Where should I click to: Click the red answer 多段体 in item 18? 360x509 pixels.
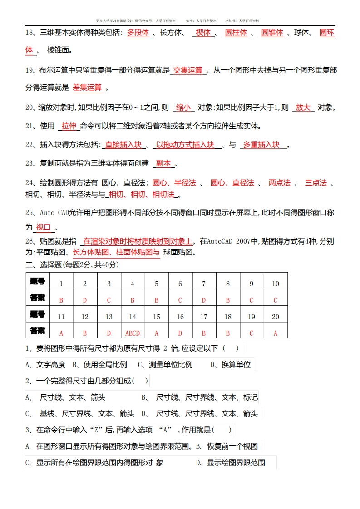138,33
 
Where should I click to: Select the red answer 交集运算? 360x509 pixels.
188,70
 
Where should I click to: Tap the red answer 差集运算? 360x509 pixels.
87,88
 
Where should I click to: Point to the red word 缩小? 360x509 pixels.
183,108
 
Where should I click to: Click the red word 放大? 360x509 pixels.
303,108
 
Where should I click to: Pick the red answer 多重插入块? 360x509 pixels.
261,145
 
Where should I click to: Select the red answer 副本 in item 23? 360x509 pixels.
163,163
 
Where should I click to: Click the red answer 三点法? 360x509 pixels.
316,183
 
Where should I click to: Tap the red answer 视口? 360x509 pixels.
44,227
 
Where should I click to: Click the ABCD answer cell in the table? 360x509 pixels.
133,333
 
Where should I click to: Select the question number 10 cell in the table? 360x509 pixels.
276,284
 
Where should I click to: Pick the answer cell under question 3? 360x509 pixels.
109,300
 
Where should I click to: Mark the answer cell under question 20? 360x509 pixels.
276,333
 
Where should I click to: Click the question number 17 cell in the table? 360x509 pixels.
204,317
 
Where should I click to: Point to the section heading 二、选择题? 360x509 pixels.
73,265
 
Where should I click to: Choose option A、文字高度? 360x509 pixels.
45,365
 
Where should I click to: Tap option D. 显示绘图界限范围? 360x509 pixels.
230,463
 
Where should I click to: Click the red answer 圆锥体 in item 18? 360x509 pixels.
271,33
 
